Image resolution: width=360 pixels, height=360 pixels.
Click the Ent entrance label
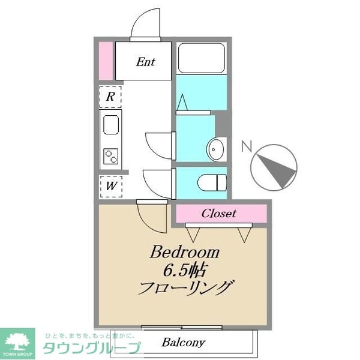tap(145, 61)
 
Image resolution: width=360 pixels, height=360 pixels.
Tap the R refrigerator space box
tap(111, 96)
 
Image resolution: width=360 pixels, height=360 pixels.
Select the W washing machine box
tap(111, 185)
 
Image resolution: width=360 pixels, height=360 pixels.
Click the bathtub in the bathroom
tap(202, 58)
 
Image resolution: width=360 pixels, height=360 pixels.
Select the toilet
tap(210, 181)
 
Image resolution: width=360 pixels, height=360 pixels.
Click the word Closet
tap(219, 213)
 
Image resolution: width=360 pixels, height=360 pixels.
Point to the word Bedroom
tap(185, 251)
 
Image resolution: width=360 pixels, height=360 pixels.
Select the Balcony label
tap(184, 343)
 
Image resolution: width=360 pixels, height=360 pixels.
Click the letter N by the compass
tap(245, 146)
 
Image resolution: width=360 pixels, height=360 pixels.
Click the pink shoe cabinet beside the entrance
tap(106, 60)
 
